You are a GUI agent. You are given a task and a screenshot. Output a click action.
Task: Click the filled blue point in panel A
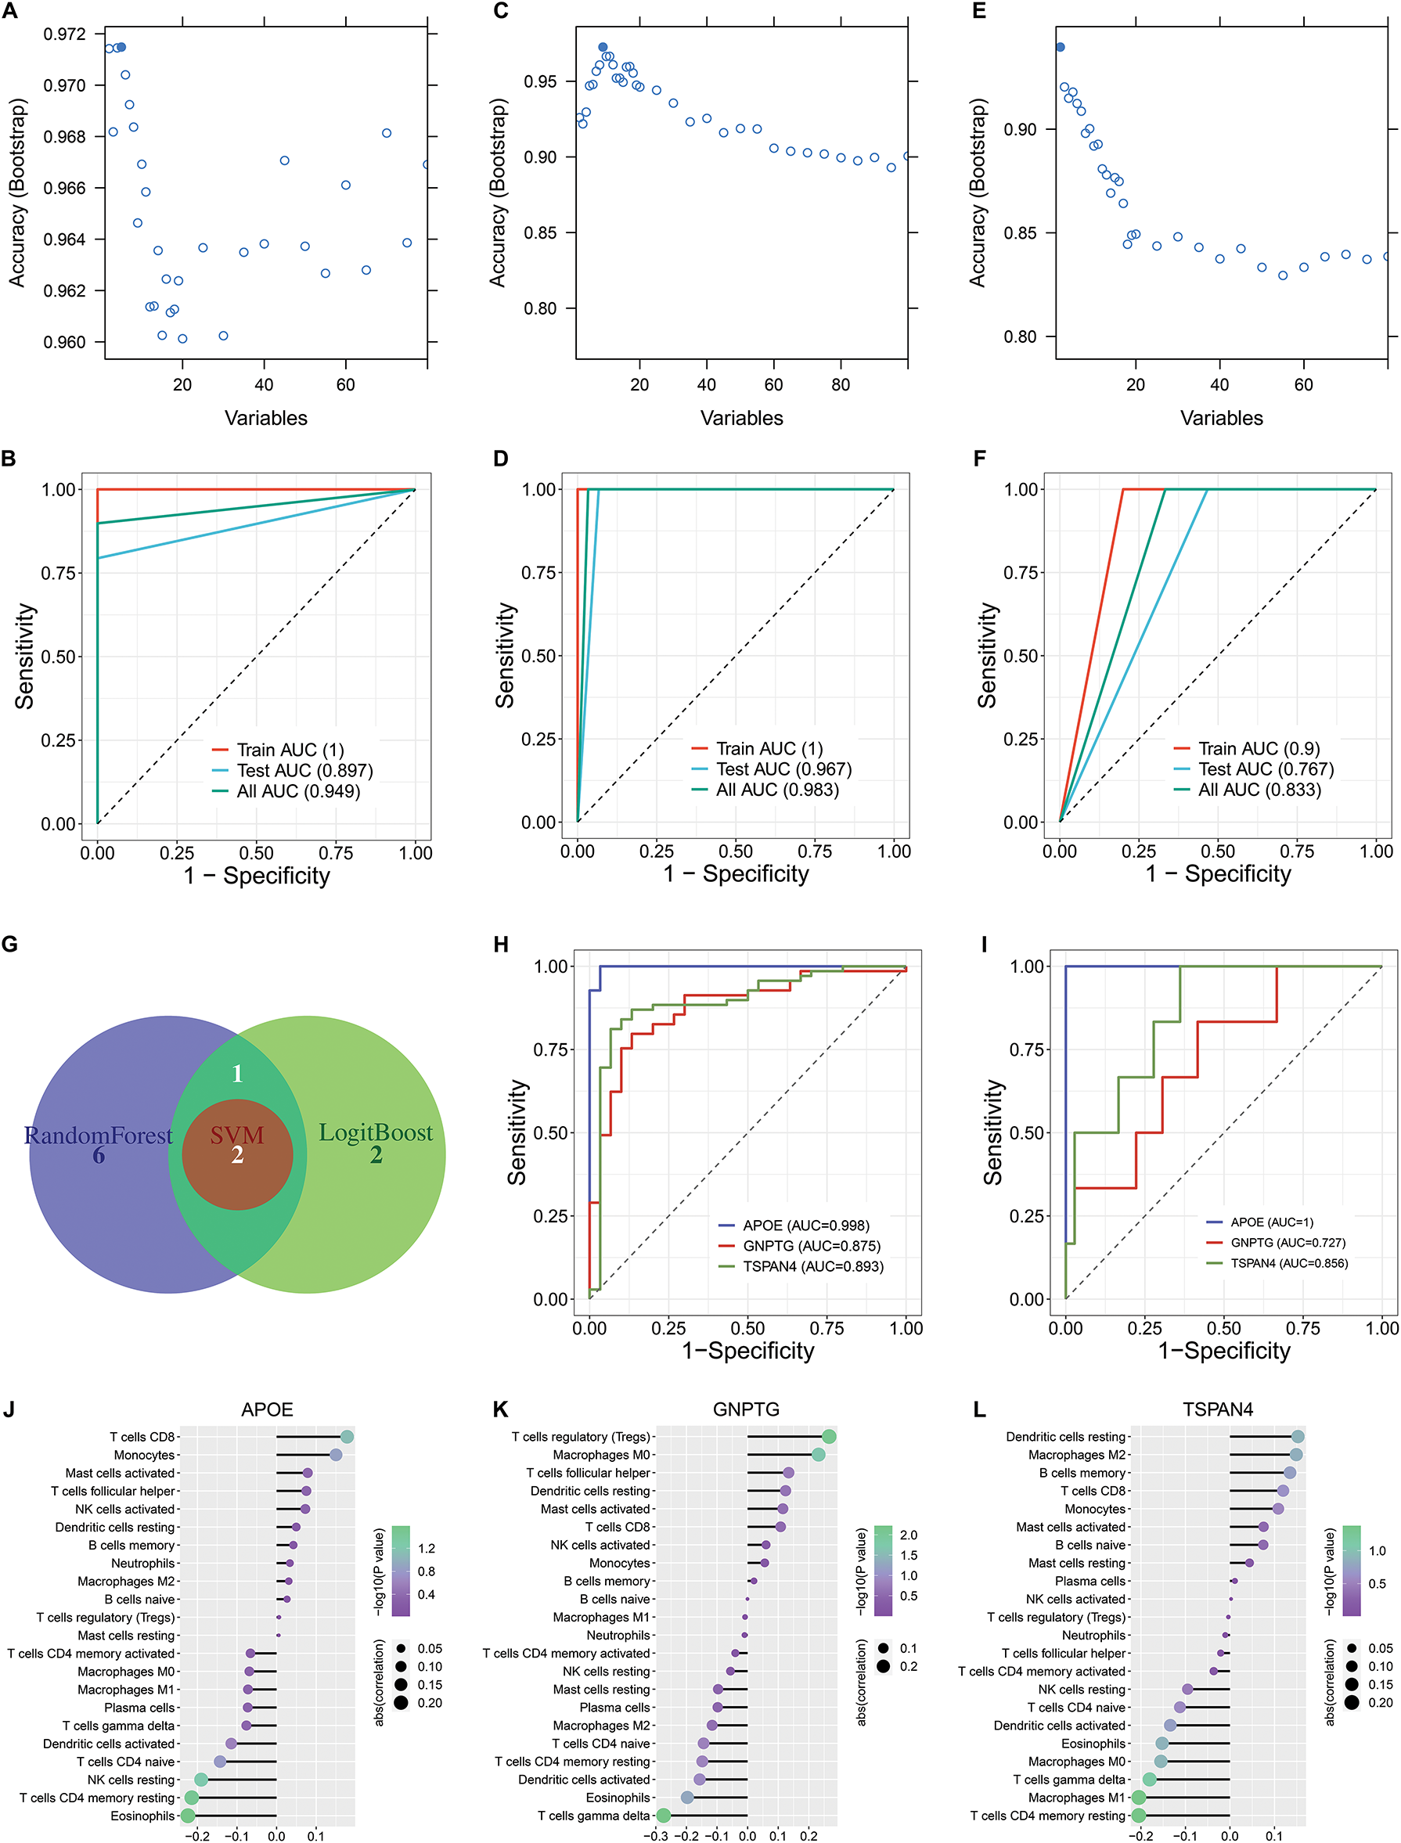point(121,47)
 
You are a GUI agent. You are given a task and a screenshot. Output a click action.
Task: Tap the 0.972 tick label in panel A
point(64,34)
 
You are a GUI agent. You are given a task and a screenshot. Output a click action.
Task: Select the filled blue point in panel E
point(1060,47)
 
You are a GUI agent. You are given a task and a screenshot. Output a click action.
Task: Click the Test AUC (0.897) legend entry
point(304,771)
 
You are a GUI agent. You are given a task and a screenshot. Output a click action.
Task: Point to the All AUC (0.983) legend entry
point(777,790)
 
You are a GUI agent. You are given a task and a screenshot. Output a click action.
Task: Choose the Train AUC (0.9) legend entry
point(1259,749)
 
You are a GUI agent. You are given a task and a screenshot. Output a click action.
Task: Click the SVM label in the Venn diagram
point(237,1135)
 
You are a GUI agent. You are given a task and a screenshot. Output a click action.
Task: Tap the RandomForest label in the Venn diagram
point(99,1135)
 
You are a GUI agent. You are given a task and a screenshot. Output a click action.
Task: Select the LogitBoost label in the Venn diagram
point(376,1132)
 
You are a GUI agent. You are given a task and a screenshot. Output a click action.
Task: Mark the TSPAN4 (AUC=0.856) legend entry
point(1288,1263)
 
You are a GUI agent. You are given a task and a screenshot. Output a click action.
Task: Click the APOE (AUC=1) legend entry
point(1271,1222)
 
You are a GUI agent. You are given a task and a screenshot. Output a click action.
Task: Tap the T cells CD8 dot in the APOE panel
point(347,1437)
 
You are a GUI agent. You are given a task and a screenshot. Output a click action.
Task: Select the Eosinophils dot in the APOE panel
point(188,1816)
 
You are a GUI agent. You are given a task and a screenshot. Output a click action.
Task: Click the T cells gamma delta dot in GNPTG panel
point(663,1816)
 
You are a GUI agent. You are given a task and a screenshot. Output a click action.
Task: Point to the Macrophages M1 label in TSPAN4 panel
point(1077,1798)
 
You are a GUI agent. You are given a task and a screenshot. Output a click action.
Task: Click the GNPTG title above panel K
point(746,1409)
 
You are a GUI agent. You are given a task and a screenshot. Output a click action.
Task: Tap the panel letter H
point(500,944)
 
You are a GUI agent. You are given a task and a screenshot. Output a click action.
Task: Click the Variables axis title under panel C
point(741,418)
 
